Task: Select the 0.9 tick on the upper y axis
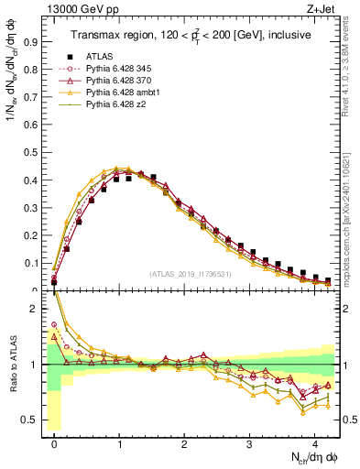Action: tap(34, 41)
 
